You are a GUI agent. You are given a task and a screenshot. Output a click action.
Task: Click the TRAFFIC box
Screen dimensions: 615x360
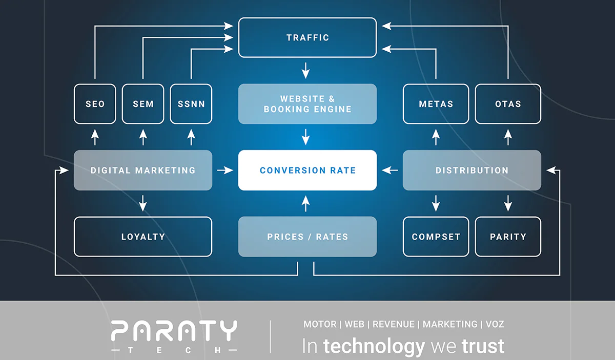307,37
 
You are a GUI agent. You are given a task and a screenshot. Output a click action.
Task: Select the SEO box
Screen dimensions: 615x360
95,104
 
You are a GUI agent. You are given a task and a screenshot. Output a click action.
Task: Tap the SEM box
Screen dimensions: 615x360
143,104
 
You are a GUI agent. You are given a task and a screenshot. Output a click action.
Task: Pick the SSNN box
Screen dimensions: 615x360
191,104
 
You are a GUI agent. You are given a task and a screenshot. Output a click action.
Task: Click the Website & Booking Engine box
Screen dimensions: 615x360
307,104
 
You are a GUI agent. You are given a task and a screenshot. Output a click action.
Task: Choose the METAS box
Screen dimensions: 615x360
436,104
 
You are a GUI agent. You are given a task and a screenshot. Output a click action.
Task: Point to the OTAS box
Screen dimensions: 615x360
508,104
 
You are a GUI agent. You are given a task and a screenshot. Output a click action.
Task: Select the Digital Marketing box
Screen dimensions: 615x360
143,171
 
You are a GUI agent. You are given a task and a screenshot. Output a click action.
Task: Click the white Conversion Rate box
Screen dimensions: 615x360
307,171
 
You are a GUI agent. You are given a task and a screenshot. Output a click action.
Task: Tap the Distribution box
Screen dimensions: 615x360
472,171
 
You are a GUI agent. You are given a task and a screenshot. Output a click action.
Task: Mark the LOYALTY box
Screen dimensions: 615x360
143,237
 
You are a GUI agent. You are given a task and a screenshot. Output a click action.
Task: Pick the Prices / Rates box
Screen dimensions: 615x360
307,237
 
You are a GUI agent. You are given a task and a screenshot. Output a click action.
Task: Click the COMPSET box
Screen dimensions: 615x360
436,237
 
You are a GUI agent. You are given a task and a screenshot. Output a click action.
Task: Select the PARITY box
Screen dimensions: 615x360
508,237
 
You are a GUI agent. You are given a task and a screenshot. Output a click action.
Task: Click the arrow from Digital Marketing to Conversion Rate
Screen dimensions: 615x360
225,171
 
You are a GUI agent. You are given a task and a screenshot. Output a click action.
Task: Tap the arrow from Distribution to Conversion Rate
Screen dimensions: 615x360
389,171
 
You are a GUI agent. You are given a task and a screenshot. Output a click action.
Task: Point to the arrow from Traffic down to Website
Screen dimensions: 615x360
306,71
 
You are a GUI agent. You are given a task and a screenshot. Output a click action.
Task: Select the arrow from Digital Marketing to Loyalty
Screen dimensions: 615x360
143,203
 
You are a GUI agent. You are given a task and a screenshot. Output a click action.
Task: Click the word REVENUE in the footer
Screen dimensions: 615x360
394,324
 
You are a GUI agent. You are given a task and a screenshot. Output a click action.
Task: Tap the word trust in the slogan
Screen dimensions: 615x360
483,346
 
